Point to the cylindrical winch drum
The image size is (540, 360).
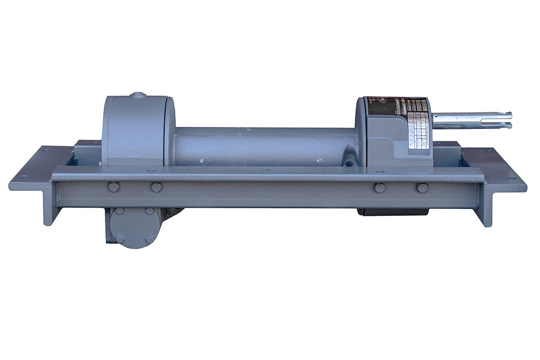[x=265, y=146]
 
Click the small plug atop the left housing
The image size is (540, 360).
[x=138, y=96]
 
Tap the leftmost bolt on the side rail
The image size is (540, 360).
[x=113, y=187]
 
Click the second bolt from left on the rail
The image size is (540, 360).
[x=156, y=187]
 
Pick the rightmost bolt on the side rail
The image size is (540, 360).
[x=422, y=187]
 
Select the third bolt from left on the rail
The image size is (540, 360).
[x=380, y=187]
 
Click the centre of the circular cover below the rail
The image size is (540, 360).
[x=134, y=226]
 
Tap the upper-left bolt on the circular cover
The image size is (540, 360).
[x=120, y=211]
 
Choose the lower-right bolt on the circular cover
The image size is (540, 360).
[x=149, y=240]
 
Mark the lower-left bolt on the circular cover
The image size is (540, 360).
[x=120, y=239]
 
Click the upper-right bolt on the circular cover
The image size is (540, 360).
[x=149, y=211]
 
